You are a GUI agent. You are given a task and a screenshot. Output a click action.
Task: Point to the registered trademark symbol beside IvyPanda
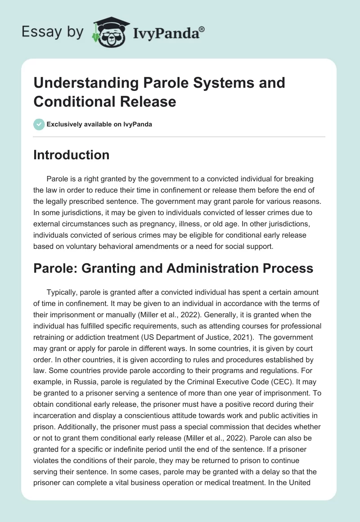(x=202, y=28)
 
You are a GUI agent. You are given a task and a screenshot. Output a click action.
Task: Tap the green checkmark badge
(x=39, y=124)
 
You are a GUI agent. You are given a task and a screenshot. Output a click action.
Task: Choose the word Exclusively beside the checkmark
(x=63, y=124)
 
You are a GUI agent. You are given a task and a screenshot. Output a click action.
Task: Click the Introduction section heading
(x=72, y=155)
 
